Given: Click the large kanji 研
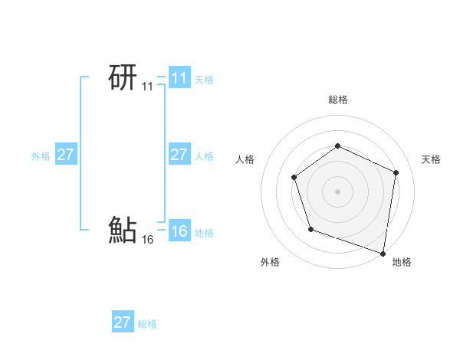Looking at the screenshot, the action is [123, 78].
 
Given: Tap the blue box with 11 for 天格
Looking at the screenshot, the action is [179, 78].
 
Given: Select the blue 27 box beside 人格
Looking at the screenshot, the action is [179, 155].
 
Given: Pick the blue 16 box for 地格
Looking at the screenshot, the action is [179, 231].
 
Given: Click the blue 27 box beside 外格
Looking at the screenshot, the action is [65, 155].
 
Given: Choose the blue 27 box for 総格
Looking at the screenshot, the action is [122, 322].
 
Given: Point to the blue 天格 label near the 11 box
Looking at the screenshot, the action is [204, 80].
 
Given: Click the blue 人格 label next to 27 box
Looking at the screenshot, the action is [204, 156].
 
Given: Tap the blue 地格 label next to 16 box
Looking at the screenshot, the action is [204, 233].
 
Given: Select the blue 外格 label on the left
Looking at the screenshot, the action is [41, 156].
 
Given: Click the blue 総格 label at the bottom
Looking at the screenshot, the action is [147, 324].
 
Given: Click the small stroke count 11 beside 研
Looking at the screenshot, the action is [147, 87].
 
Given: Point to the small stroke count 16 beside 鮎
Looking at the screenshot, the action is [147, 240].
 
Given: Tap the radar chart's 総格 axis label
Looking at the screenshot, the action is [337, 100].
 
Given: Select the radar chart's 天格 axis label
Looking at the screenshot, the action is [431, 159].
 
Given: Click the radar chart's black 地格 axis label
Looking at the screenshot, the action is [402, 262].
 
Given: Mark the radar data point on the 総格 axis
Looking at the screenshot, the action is [337, 146].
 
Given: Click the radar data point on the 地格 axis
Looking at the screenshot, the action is [383, 251].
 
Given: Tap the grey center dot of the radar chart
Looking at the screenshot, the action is [337, 191].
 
